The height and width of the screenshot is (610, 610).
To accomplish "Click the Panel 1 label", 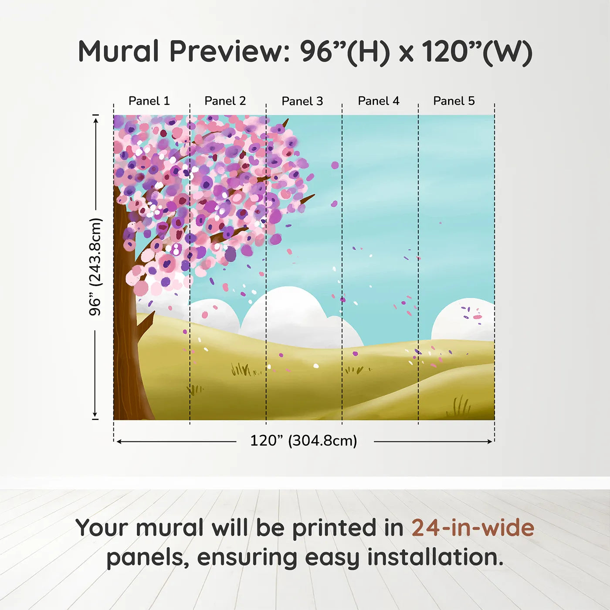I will coord(149,101).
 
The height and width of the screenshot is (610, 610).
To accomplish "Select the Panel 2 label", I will coord(225,101).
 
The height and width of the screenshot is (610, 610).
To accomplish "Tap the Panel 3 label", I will coord(302,102).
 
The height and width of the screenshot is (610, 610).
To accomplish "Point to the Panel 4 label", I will coord(379,101).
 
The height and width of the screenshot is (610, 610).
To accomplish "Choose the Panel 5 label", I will coord(454,101).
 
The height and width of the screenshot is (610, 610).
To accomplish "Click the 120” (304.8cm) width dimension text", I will coord(304,441).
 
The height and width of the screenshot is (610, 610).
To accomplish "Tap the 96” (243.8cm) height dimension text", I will coord(95,267).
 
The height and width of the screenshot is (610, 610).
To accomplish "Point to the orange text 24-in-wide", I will coord(473,528).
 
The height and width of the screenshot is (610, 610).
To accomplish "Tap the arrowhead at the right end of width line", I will coord(490,442).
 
